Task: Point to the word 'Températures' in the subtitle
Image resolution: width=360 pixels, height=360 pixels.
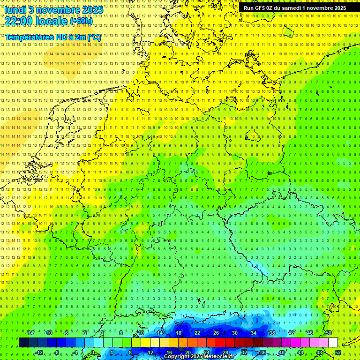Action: click(x=30, y=37)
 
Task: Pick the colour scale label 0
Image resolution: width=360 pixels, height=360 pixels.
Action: click(x=93, y=352)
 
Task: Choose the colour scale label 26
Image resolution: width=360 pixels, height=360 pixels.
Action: click(x=216, y=333)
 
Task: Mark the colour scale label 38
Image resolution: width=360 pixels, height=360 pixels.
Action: click(x=272, y=333)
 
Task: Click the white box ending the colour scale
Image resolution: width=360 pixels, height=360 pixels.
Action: click(x=333, y=342)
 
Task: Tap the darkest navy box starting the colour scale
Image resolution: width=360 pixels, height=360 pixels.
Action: click(x=23, y=342)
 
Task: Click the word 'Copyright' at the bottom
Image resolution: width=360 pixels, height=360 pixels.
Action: click(x=178, y=357)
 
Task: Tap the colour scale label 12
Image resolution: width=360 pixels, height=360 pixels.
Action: click(x=150, y=352)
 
